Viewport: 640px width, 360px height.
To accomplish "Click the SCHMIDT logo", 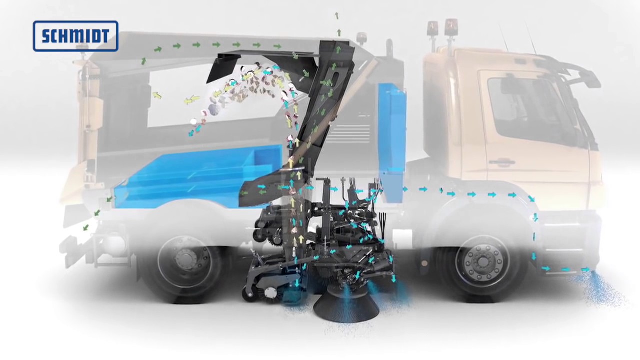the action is coord(75,36).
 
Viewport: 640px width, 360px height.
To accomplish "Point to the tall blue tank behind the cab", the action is coord(392,141).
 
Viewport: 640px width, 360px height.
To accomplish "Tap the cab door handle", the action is coord(502,162).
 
